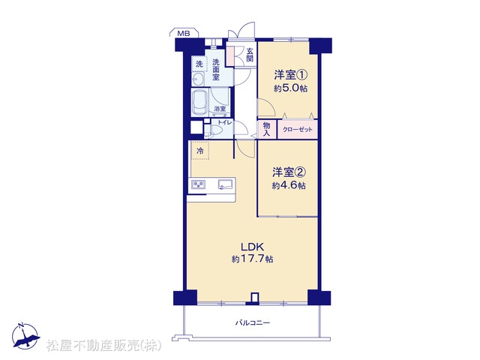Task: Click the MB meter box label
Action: point(184,34)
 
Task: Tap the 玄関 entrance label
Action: point(250,55)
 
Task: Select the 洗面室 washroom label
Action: point(216,70)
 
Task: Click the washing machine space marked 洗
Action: point(199,64)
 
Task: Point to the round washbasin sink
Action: point(198,79)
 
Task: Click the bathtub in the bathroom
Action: point(200,103)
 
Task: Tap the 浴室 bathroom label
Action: point(220,109)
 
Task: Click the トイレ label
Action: point(225,122)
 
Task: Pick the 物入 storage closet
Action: point(267,129)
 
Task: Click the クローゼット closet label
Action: point(298,130)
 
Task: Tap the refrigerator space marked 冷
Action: point(200,150)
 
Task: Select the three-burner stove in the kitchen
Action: point(198,184)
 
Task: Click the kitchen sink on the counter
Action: point(225,184)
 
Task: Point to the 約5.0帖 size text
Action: point(290,88)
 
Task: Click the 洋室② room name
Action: point(289,172)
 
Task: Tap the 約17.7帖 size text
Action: point(252,259)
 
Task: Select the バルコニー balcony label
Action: point(253,322)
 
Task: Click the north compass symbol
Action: point(25,336)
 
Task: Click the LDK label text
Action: point(252,247)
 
